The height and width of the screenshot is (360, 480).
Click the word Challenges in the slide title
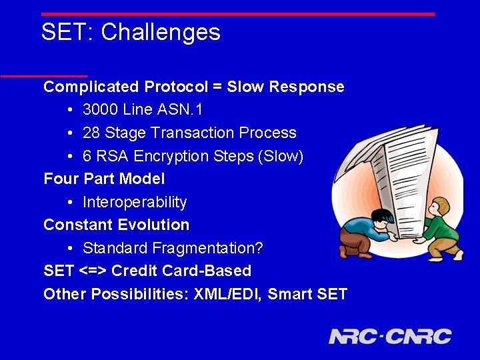pyautogui.click(x=161, y=32)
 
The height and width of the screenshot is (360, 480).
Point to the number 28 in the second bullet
pyautogui.click(x=92, y=133)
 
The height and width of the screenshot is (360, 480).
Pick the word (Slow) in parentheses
pyautogui.click(x=282, y=156)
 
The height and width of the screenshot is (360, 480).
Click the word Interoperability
pyautogui.click(x=135, y=202)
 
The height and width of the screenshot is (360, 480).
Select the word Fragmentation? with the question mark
pyautogui.click(x=207, y=248)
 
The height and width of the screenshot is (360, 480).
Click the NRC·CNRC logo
pyautogui.click(x=390, y=336)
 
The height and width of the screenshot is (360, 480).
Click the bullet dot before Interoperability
pyautogui.click(x=71, y=202)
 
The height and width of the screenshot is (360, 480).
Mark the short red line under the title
pyautogui.click(x=44, y=75)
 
